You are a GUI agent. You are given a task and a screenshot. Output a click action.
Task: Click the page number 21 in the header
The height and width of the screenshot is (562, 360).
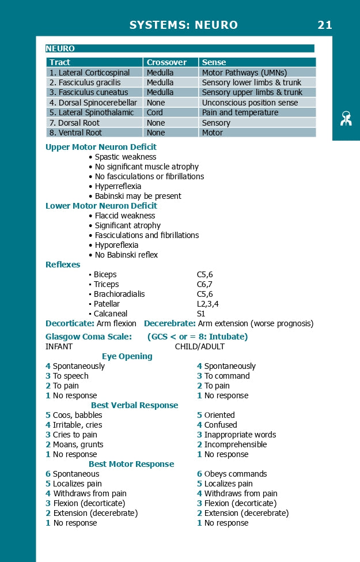(x=325, y=25)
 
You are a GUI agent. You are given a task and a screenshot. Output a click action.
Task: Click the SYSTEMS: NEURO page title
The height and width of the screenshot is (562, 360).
(x=183, y=25)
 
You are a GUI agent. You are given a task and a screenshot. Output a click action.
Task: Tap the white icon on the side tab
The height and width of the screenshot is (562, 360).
(x=346, y=119)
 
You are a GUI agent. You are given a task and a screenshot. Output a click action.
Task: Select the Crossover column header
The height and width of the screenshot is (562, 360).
(x=166, y=62)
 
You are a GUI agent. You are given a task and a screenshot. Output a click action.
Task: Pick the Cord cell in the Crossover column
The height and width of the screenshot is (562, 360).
(x=154, y=112)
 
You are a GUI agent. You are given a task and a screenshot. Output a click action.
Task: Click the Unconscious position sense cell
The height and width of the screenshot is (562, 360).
(x=250, y=103)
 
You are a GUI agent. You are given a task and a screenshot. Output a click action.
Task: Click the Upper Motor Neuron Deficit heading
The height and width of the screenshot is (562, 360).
(x=101, y=147)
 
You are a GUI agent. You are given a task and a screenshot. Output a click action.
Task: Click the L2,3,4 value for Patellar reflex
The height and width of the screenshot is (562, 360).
(x=207, y=304)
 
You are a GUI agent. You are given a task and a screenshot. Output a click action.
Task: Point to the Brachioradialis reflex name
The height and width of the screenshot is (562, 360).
(x=119, y=294)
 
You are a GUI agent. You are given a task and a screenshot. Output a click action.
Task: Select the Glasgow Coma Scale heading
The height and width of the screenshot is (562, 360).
(x=89, y=337)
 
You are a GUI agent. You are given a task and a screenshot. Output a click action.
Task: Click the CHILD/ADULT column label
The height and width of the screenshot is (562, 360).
(x=199, y=346)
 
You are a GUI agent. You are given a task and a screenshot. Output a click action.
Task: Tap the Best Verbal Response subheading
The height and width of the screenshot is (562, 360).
(x=134, y=405)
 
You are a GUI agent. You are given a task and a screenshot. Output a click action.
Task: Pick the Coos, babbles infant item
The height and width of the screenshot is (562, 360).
(x=77, y=415)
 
